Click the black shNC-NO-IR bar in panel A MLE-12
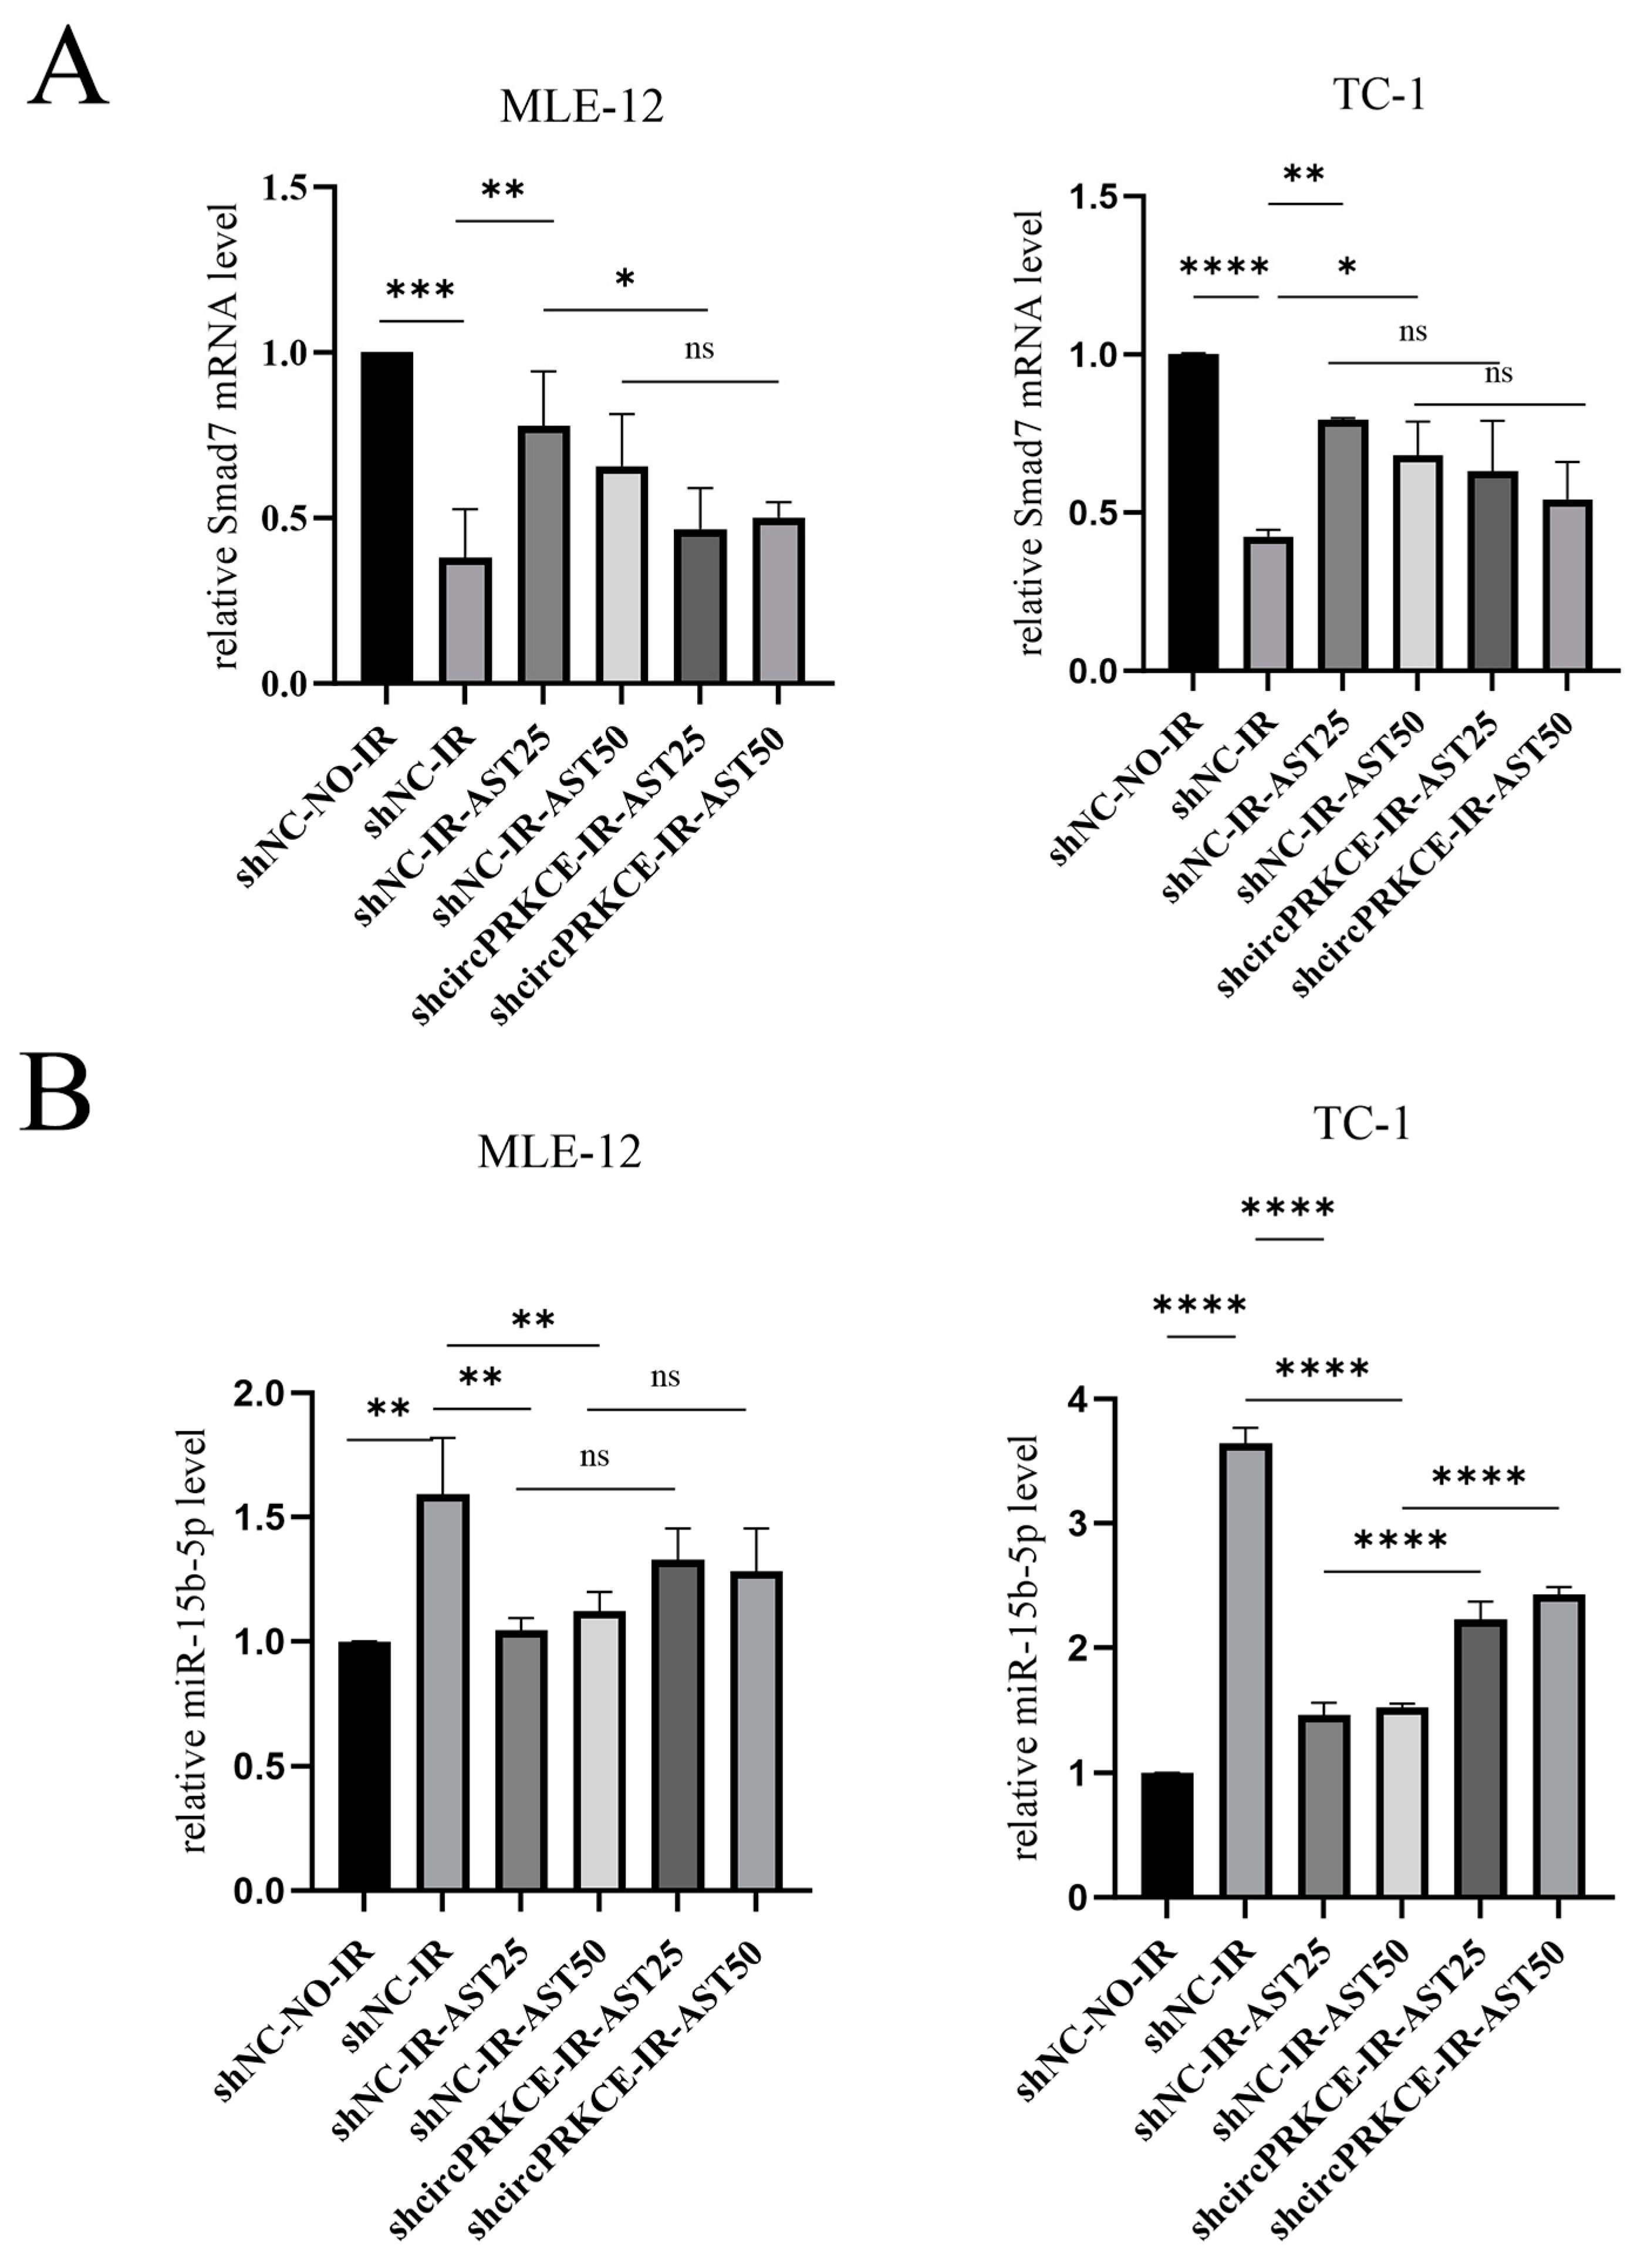(x=387, y=517)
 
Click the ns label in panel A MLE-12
(x=699, y=350)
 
